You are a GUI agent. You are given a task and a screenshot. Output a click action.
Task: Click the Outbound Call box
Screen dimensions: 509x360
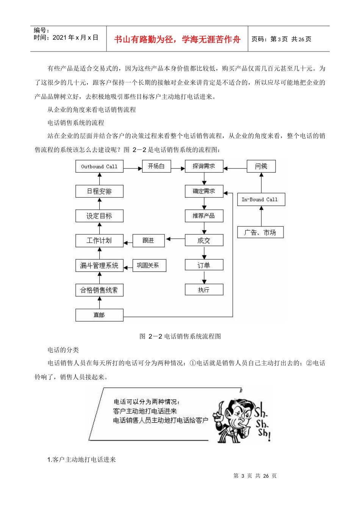tap(99, 167)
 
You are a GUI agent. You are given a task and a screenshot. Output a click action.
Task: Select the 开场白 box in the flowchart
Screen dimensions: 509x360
tap(156, 166)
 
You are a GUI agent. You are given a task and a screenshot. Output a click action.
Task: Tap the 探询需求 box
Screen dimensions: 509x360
tap(204, 166)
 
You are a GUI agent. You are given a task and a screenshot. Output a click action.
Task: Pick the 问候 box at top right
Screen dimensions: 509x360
tap(261, 166)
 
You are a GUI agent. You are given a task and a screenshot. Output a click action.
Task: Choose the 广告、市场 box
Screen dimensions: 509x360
tap(260, 233)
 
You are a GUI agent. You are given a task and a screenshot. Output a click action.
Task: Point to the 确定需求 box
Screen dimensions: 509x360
tap(204, 191)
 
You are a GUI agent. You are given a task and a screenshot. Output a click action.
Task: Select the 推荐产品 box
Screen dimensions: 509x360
tap(204, 216)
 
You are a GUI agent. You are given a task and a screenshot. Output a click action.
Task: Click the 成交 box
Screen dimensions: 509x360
tap(204, 240)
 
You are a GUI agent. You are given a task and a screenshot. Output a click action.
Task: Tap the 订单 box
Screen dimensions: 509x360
tap(204, 265)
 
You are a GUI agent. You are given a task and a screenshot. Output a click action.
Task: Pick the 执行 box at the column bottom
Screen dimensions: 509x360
tap(204, 290)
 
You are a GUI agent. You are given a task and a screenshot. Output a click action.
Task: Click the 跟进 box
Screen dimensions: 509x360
tap(149, 240)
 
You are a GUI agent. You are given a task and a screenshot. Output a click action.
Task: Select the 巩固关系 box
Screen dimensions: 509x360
tap(149, 265)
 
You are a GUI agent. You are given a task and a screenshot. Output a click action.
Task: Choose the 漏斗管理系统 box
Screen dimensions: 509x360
tap(99, 265)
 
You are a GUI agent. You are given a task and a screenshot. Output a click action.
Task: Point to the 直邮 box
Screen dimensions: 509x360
tap(99, 315)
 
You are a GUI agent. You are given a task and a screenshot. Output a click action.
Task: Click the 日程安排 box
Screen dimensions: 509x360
tap(99, 191)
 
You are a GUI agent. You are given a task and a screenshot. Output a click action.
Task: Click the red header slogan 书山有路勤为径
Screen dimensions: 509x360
tap(177, 39)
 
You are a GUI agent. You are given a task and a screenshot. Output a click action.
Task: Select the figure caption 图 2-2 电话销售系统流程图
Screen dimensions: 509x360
tap(180, 336)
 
